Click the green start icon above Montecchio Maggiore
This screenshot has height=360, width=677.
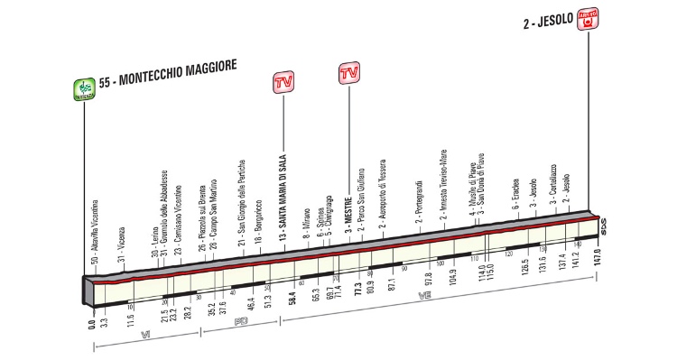click(x=84, y=88)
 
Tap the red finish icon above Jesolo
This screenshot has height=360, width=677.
click(x=593, y=18)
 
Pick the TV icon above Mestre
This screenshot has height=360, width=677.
click(x=348, y=72)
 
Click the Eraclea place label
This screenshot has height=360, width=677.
click(x=514, y=194)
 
